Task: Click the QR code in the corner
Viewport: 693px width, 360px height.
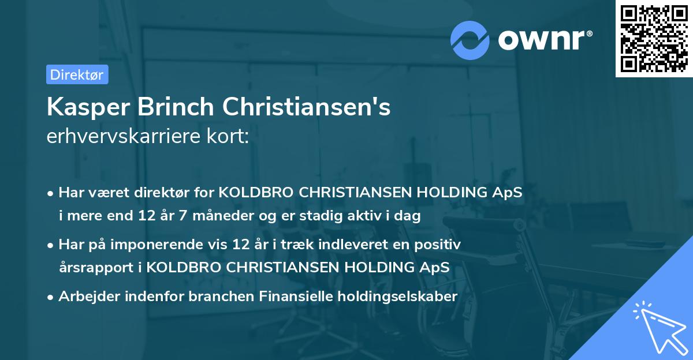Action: point(654,38)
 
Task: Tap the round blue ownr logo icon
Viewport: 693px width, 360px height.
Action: point(470,39)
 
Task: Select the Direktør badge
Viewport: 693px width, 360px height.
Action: point(77,74)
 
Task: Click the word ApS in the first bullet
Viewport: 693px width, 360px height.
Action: point(510,193)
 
